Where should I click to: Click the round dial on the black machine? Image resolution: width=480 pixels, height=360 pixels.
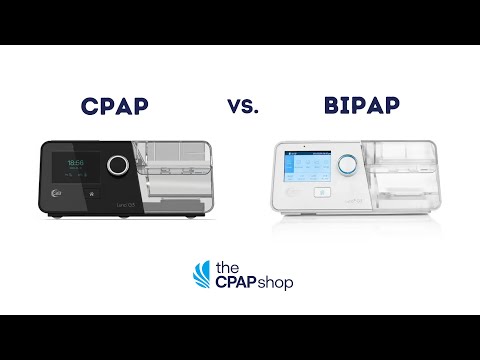(119, 165)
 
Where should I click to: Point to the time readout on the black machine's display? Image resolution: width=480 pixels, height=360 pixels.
(76, 162)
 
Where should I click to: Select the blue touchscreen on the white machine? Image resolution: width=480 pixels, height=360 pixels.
(306, 164)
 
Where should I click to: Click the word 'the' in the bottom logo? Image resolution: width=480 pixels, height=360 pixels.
(226, 267)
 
